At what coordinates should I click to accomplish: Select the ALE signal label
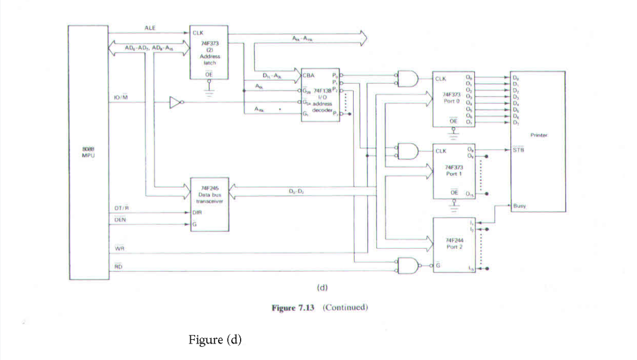[150, 27]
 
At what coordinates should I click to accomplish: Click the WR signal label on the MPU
[119, 249]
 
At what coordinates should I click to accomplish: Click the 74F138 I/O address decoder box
[320, 94]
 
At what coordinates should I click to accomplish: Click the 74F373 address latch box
[209, 53]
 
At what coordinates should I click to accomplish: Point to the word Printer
[539, 135]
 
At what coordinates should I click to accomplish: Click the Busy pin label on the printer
[520, 207]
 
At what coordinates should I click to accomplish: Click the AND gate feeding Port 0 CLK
[409, 79]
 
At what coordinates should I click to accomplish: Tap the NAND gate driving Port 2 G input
[409, 265]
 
